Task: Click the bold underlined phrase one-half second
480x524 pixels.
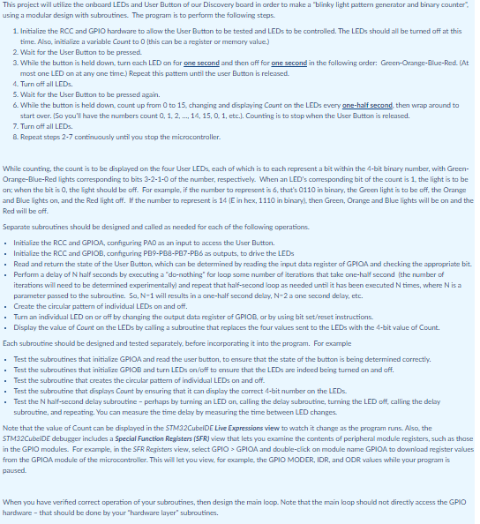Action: pos(315,107)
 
